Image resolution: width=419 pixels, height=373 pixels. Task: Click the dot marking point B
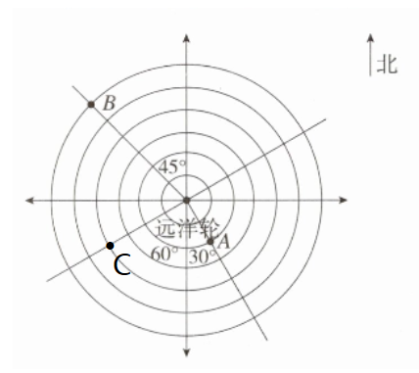coord(91,105)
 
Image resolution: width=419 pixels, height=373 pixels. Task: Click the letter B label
coord(109,104)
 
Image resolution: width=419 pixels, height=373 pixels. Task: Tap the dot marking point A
coord(210,242)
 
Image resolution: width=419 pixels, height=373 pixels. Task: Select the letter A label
coord(224,243)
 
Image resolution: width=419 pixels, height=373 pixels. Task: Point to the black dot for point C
coord(110,246)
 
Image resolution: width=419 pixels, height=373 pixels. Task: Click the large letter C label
coord(122,264)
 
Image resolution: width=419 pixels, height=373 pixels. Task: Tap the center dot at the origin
coord(186,200)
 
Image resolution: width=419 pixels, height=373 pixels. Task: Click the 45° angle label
coord(172,167)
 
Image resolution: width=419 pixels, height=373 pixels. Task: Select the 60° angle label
coord(164,254)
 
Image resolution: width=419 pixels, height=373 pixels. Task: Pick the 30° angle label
coord(203,256)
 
